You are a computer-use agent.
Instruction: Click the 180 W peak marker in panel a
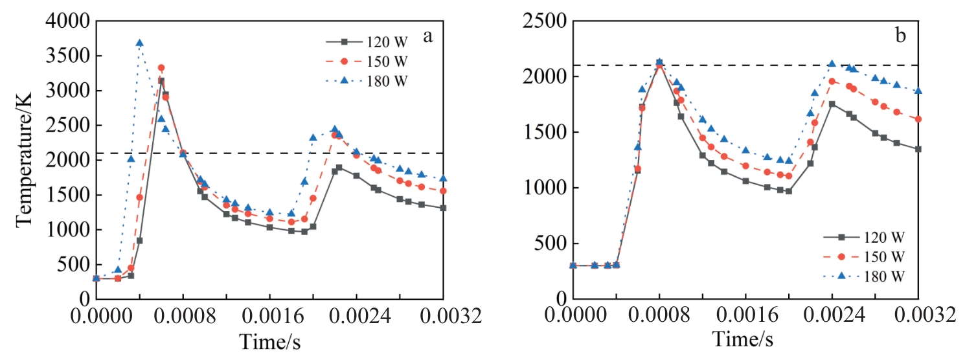pyautogui.click(x=139, y=43)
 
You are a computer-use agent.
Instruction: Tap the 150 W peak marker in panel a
pyautogui.click(x=161, y=67)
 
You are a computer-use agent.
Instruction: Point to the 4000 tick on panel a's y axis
pyautogui.click(x=68, y=21)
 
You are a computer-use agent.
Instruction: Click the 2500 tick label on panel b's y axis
pyautogui.click(x=545, y=21)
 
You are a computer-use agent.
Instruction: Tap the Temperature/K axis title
pyautogui.click(x=25, y=160)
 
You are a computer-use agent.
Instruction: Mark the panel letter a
pyautogui.click(x=427, y=36)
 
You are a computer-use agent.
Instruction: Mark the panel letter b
pyautogui.click(x=901, y=36)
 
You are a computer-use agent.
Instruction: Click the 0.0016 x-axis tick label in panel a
pyautogui.click(x=269, y=317)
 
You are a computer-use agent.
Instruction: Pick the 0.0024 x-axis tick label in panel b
pyautogui.click(x=832, y=317)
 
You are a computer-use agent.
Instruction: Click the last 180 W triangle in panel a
pyautogui.click(x=443, y=178)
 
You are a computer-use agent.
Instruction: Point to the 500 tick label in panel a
pyautogui.click(x=74, y=265)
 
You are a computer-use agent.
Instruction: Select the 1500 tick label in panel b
pyautogui.click(x=545, y=133)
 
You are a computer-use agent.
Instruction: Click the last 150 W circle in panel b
pyautogui.click(x=918, y=119)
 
